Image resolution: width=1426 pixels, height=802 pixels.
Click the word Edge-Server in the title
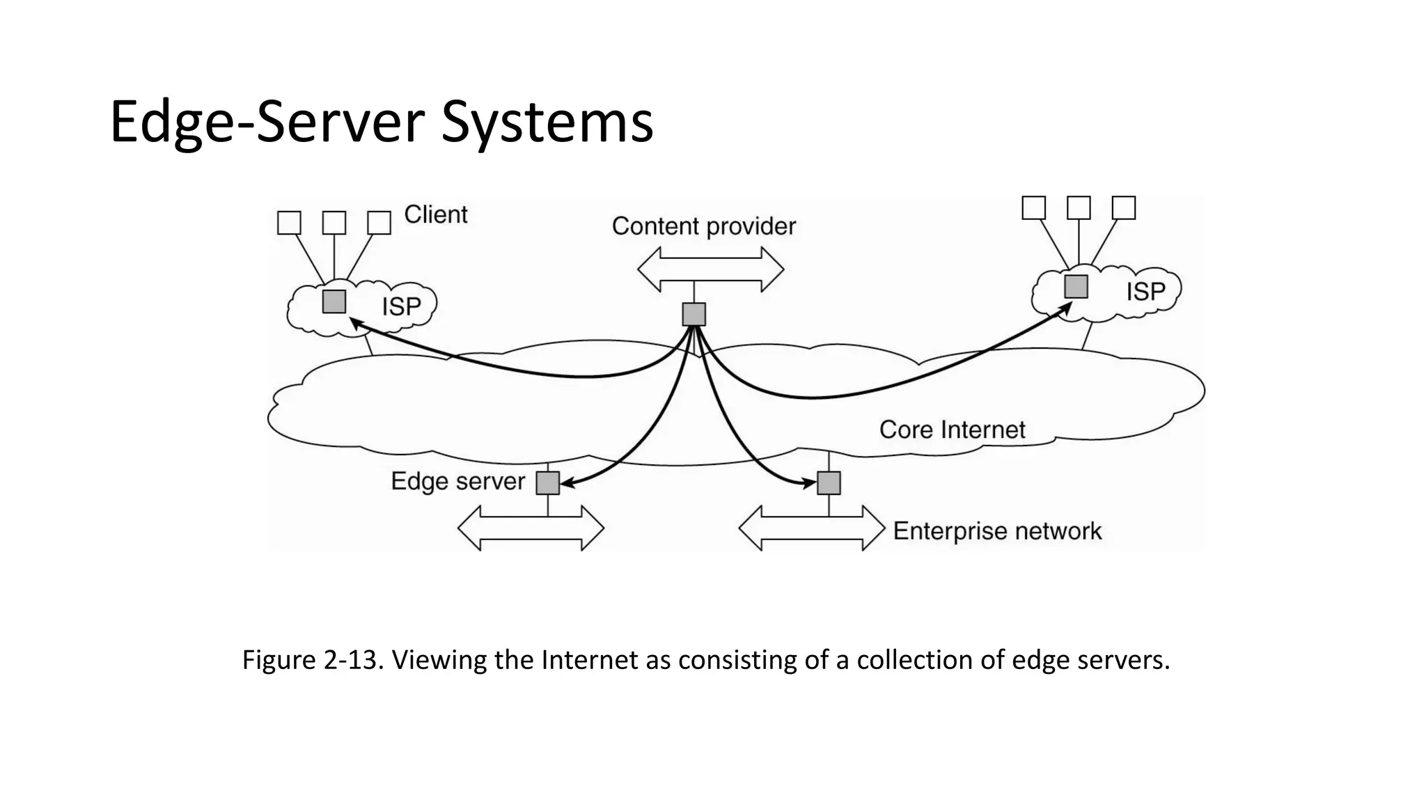[x=267, y=122]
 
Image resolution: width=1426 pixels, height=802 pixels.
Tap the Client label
[x=436, y=214]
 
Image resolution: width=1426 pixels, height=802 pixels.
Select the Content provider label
[x=703, y=226]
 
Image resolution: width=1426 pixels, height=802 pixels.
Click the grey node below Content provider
[x=694, y=314]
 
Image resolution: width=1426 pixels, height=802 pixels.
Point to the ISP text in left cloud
[x=401, y=306]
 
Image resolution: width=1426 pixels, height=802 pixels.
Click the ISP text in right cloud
[x=1145, y=291]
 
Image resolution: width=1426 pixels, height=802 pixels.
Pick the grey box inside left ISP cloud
[x=334, y=301]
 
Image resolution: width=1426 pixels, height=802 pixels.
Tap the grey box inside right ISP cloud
[x=1076, y=286]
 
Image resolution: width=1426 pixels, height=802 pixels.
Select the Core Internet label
[x=952, y=430]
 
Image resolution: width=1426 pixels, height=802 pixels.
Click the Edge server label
[x=457, y=481]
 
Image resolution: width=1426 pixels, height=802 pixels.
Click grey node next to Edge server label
[x=548, y=482]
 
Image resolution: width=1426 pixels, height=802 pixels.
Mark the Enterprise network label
[x=997, y=531]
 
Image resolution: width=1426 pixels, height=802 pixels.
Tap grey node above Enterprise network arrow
[x=829, y=482]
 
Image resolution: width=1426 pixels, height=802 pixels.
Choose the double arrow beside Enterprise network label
[x=811, y=528]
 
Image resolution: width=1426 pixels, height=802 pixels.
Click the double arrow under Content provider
[x=710, y=269]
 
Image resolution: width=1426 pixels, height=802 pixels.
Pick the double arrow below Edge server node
[x=531, y=528]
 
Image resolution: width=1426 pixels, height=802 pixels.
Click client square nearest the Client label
[x=379, y=223]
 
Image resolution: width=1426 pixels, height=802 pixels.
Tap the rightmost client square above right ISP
[x=1124, y=207]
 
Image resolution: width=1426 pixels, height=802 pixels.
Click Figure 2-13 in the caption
[x=311, y=659]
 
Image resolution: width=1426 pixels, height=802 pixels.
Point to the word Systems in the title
[x=547, y=122]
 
